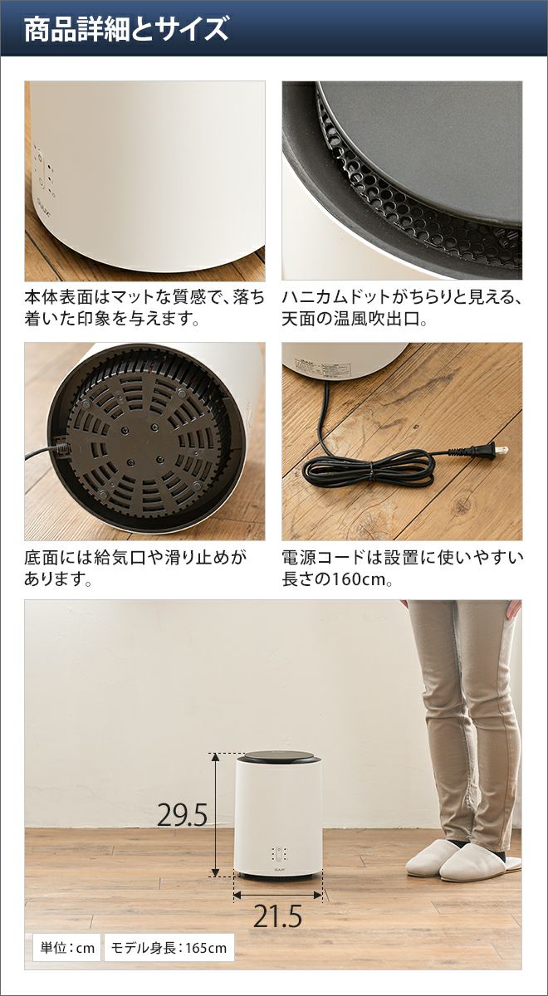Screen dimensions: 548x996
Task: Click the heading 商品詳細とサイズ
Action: click(126, 29)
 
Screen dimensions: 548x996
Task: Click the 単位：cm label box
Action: click(67, 935)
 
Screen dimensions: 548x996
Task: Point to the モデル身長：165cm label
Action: click(169, 935)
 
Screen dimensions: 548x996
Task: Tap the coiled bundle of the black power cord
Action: click(369, 471)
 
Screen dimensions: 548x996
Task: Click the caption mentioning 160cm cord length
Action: click(402, 568)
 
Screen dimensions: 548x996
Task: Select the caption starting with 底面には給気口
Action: click(135, 568)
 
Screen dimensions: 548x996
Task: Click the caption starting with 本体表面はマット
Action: click(144, 308)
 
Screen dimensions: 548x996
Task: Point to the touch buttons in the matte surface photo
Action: click(45, 171)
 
